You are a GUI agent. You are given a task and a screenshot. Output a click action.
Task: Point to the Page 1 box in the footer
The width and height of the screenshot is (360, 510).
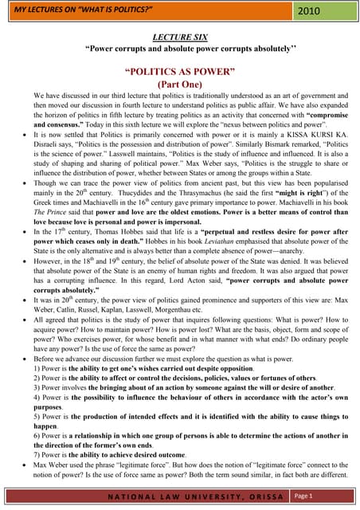tap(328, 495)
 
